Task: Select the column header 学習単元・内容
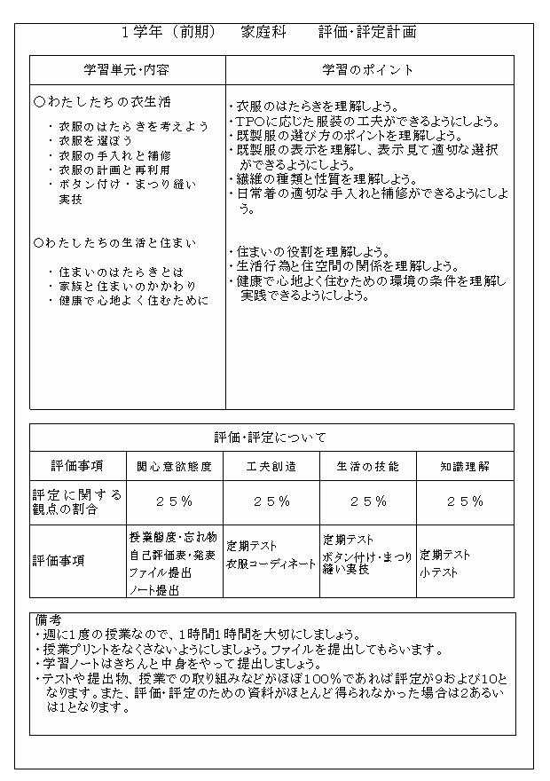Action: point(127,69)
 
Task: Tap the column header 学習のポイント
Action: point(367,69)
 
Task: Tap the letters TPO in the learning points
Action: point(247,122)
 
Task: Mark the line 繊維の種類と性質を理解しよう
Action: point(326,178)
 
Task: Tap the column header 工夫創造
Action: point(271,466)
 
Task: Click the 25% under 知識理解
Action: point(464,501)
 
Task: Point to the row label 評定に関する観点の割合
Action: point(77,501)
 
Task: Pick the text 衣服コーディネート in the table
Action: point(271,564)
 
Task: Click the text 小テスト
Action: point(438,572)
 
